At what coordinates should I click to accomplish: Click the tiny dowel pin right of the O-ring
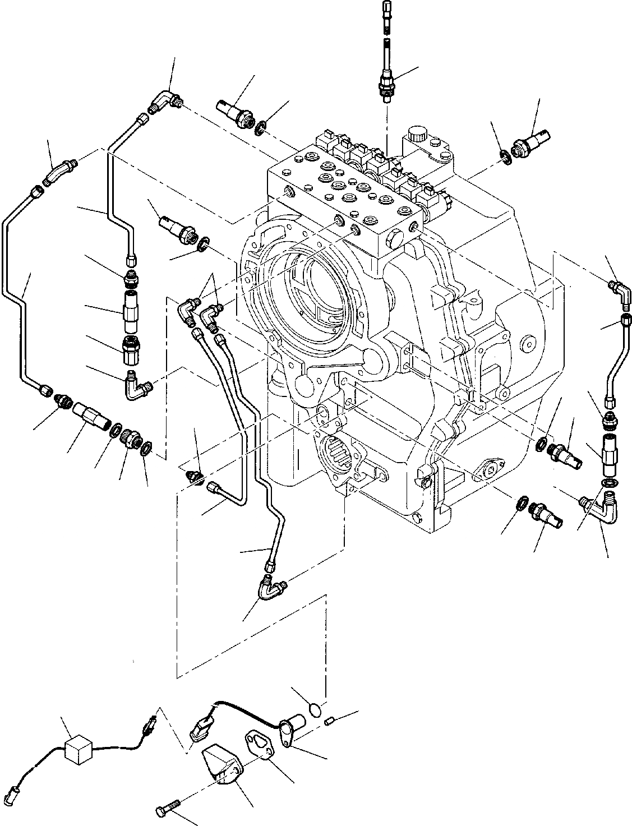coord(331,721)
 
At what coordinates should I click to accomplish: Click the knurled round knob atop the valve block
coord(417,135)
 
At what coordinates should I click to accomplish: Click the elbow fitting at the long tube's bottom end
coord(271,588)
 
